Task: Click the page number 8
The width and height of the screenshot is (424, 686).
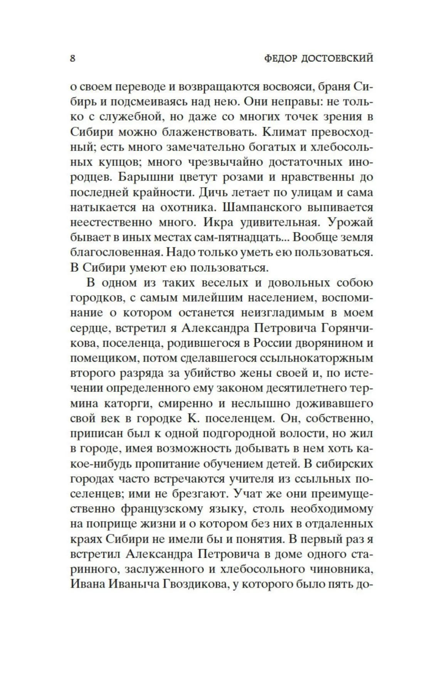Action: pyautogui.click(x=73, y=59)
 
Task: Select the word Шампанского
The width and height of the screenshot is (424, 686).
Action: pyautogui.click(x=263, y=207)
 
